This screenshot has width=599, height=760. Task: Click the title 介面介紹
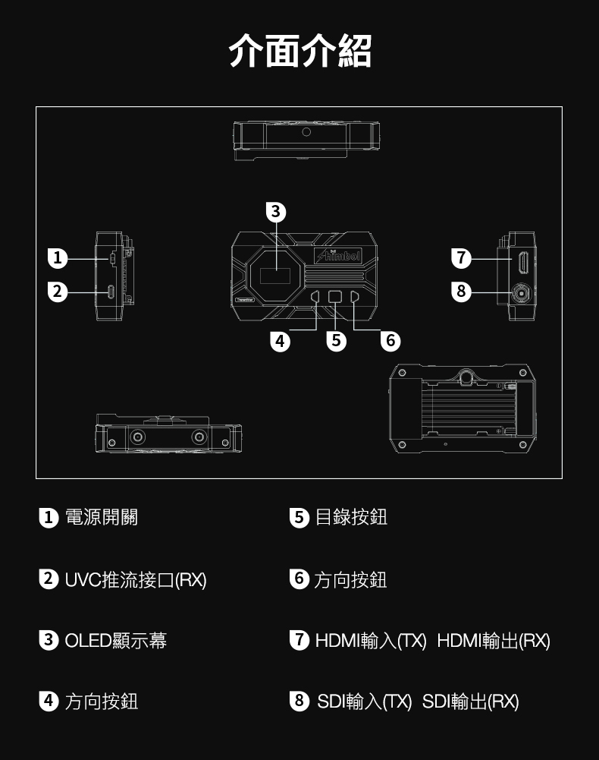click(x=299, y=51)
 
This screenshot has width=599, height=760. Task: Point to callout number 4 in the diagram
click(x=281, y=341)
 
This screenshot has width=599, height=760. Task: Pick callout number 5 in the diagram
click(x=336, y=341)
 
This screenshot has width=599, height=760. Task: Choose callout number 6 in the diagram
click(x=390, y=341)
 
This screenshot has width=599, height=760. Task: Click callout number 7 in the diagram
click(x=461, y=258)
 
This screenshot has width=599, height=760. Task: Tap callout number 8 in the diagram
click(x=461, y=292)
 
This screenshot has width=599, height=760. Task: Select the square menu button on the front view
click(x=336, y=297)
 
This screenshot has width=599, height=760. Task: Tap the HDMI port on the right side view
click(x=523, y=263)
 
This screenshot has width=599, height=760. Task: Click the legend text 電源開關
click(x=102, y=518)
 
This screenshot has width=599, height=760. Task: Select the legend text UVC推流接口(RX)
click(x=135, y=580)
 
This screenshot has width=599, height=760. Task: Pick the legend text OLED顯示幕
click(x=115, y=641)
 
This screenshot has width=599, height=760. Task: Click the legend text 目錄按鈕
click(x=351, y=518)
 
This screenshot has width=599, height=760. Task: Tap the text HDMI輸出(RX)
click(x=494, y=641)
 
